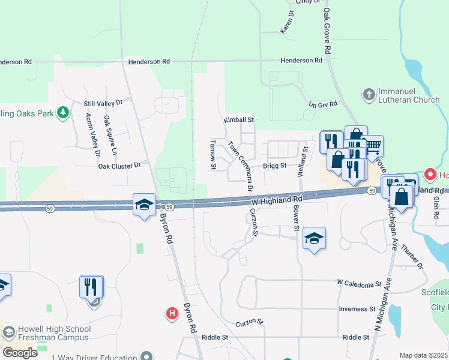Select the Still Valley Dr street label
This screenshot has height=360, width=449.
(x=103, y=103)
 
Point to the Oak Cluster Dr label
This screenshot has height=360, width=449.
(x=119, y=165)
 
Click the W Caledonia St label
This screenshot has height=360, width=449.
(x=359, y=282)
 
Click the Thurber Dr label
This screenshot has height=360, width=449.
(x=412, y=257)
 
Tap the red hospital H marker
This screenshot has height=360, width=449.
(x=172, y=313)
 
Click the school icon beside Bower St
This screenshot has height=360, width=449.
(x=314, y=239)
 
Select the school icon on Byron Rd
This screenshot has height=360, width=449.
(x=144, y=205)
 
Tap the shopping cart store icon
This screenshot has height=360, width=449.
(x=372, y=146)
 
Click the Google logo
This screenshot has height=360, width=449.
(x=20, y=353)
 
